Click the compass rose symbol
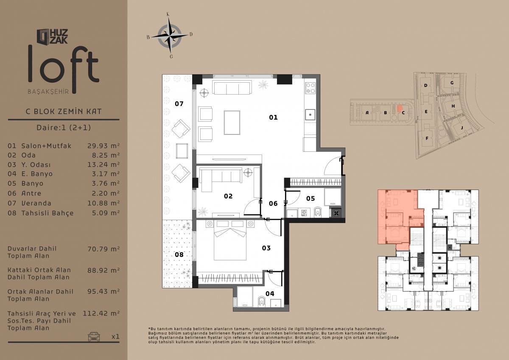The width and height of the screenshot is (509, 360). point(170,36)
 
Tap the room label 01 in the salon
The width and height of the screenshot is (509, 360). point(273,117)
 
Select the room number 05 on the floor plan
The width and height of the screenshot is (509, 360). point(310,198)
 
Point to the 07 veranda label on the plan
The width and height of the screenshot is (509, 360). point(179,104)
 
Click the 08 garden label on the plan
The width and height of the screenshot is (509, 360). point(179,254)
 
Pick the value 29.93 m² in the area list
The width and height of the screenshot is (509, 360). point(103,145)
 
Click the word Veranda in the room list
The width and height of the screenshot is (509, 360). point(36,203)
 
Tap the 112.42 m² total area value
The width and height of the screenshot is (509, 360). point(101,313)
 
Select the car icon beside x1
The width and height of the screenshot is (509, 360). point(94,336)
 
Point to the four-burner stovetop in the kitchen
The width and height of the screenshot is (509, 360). point(310,88)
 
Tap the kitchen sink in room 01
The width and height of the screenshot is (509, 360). point(310,115)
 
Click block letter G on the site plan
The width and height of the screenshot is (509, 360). point(452,83)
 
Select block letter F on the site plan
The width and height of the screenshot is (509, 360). point(427,138)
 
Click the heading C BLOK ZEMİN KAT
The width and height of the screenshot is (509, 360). point(64,112)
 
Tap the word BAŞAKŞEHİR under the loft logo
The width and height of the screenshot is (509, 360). point(48,92)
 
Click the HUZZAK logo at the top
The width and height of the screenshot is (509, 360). point(52,36)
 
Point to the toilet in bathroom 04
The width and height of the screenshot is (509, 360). point(262,301)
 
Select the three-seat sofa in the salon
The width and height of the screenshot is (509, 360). point(232,88)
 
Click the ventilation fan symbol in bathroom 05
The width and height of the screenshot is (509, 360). point(336,213)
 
